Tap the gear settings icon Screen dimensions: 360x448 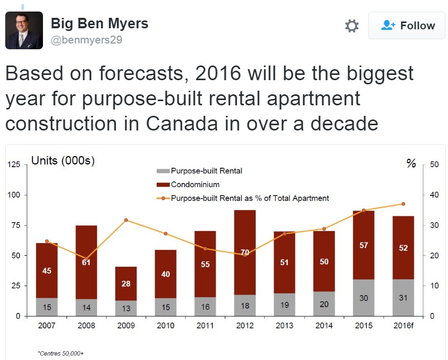[x=352, y=26]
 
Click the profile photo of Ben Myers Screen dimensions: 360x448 [x=24, y=30]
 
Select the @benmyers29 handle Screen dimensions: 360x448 [x=86, y=39]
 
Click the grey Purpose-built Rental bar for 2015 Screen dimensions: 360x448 [x=363, y=297]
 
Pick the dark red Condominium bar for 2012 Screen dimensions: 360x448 [x=245, y=252]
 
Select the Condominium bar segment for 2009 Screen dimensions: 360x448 [x=126, y=283]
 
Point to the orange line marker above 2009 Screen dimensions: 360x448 [x=126, y=220]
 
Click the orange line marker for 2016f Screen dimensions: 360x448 [x=403, y=204]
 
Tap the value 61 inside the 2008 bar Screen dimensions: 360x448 [x=86, y=263]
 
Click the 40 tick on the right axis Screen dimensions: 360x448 [x=434, y=195]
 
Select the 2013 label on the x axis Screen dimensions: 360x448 [x=284, y=325]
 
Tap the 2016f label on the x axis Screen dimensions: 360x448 [x=403, y=325]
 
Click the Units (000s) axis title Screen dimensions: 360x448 [x=63, y=161]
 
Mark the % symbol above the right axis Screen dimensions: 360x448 [x=411, y=163]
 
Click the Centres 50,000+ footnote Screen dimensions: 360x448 [x=61, y=354]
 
